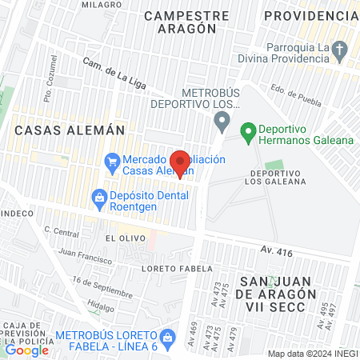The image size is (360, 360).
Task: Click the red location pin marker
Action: (181, 163)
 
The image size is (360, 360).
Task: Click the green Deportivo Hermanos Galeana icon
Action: (248, 130)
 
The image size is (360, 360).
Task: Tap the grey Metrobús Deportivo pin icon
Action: (222, 122)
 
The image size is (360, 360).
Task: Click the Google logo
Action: (26, 350)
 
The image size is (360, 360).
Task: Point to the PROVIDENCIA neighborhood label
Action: (310, 16)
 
